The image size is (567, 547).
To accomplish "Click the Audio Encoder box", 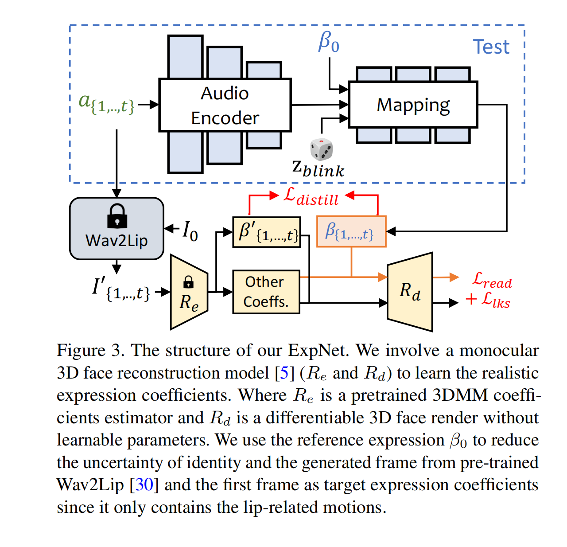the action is pos(225,105).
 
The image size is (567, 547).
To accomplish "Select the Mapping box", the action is pos(413,104).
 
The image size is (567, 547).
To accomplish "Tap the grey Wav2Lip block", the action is pos(117,228).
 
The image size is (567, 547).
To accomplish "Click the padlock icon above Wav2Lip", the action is pos(117,216).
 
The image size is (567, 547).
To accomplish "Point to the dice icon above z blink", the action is pos(322,149).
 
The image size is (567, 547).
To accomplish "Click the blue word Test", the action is pos(491,47).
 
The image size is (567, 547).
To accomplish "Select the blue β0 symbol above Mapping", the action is pos(329,42).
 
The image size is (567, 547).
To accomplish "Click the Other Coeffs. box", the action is pos(266,292).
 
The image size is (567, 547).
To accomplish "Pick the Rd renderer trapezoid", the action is pos(409,292).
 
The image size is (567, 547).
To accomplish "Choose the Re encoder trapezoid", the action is pos(189,292).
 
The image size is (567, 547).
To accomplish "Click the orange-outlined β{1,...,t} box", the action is pos(351,231).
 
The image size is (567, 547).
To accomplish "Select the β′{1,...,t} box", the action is pos(266,232).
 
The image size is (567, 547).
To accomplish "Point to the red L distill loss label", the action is pos(311,197).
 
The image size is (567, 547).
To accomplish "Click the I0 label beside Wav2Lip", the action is pos(190,231).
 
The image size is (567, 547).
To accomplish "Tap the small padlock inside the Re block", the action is pos(188,282).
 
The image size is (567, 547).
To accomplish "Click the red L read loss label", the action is pos(492,280).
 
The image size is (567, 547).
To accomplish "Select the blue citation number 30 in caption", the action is pos(144,484).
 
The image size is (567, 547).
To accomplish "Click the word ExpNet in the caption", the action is pos(318,350).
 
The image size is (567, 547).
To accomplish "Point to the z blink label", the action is pos(318,169).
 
